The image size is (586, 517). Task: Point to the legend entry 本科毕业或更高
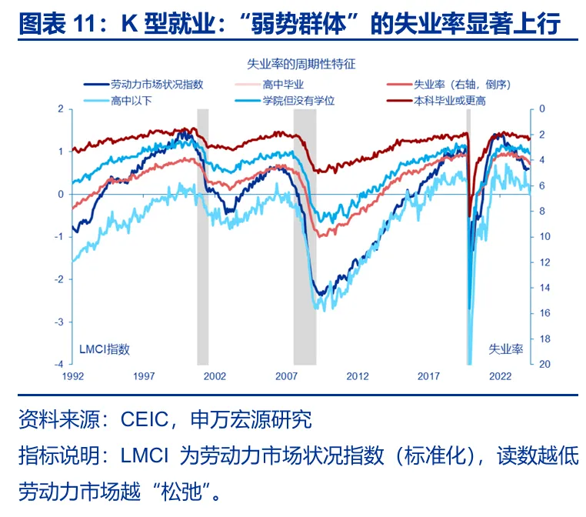pyautogui.click(x=450, y=100)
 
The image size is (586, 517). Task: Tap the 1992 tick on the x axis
pyautogui.click(x=72, y=376)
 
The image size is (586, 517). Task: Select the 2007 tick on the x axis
pyautogui.click(x=286, y=376)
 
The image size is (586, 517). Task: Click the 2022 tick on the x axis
pyautogui.click(x=501, y=376)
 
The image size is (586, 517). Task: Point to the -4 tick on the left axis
pyautogui.click(x=59, y=364)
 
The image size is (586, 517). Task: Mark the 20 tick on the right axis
pyautogui.click(x=543, y=364)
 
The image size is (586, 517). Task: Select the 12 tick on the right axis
pyautogui.click(x=543, y=262)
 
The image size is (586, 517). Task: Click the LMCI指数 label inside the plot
pyautogui.click(x=105, y=349)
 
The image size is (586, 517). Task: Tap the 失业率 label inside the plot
pyautogui.click(x=505, y=349)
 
